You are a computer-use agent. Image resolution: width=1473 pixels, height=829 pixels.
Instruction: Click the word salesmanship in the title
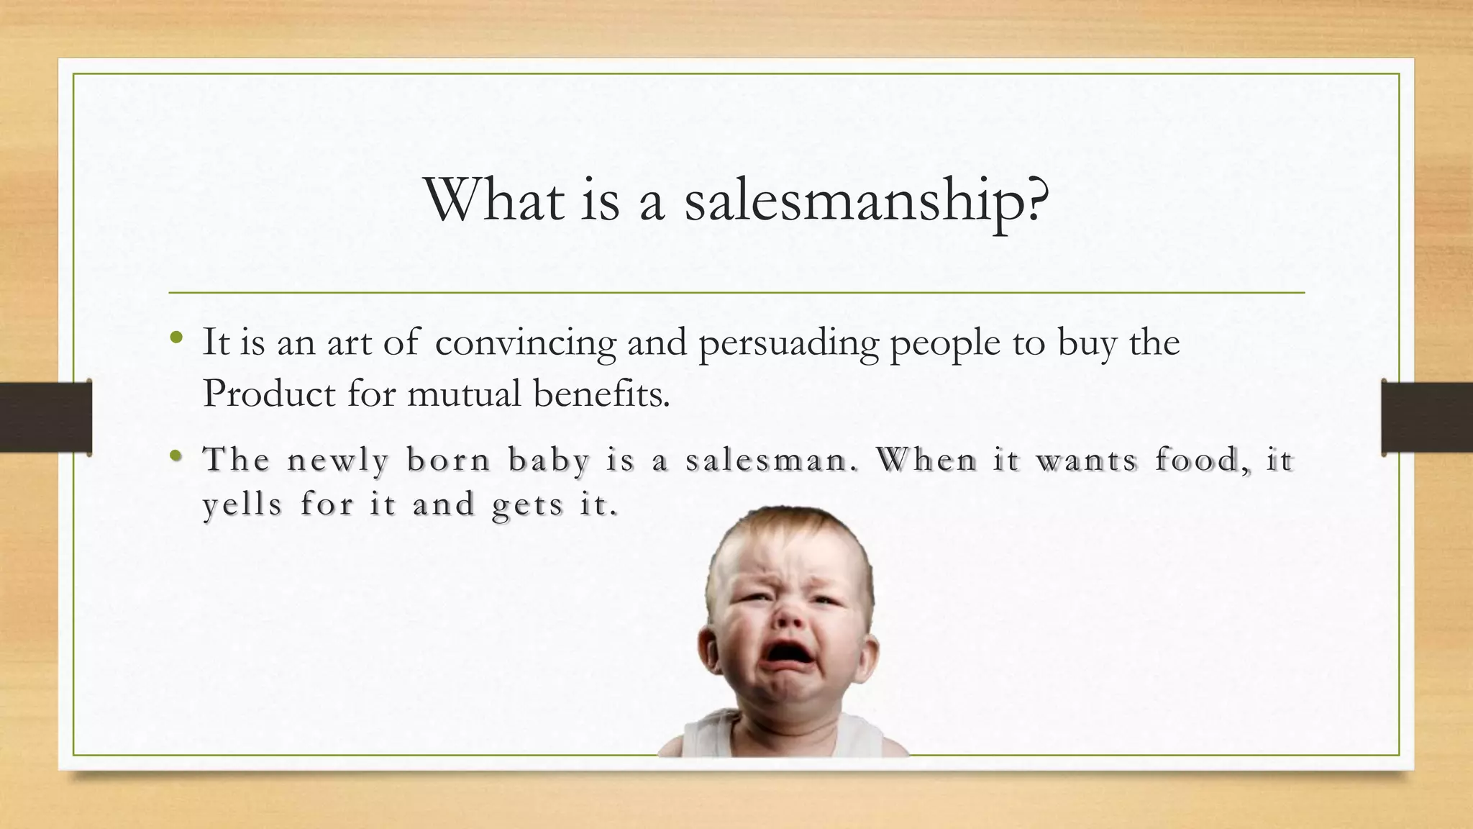coord(866,200)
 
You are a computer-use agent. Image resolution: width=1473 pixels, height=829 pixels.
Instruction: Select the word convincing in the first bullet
coord(525,342)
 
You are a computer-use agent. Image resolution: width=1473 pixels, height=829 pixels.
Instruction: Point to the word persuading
coord(788,343)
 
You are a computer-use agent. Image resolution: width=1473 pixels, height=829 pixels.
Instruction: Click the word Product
coord(268,394)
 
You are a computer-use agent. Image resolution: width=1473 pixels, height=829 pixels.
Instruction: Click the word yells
coord(242,504)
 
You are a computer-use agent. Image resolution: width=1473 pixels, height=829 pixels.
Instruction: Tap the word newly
coord(337,461)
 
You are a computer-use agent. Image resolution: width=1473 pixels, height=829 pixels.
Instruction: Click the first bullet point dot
coord(176,338)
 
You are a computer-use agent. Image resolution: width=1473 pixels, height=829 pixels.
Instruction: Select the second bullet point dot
coord(176,456)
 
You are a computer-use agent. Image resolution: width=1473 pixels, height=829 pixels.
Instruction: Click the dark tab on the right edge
coord(1427,417)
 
